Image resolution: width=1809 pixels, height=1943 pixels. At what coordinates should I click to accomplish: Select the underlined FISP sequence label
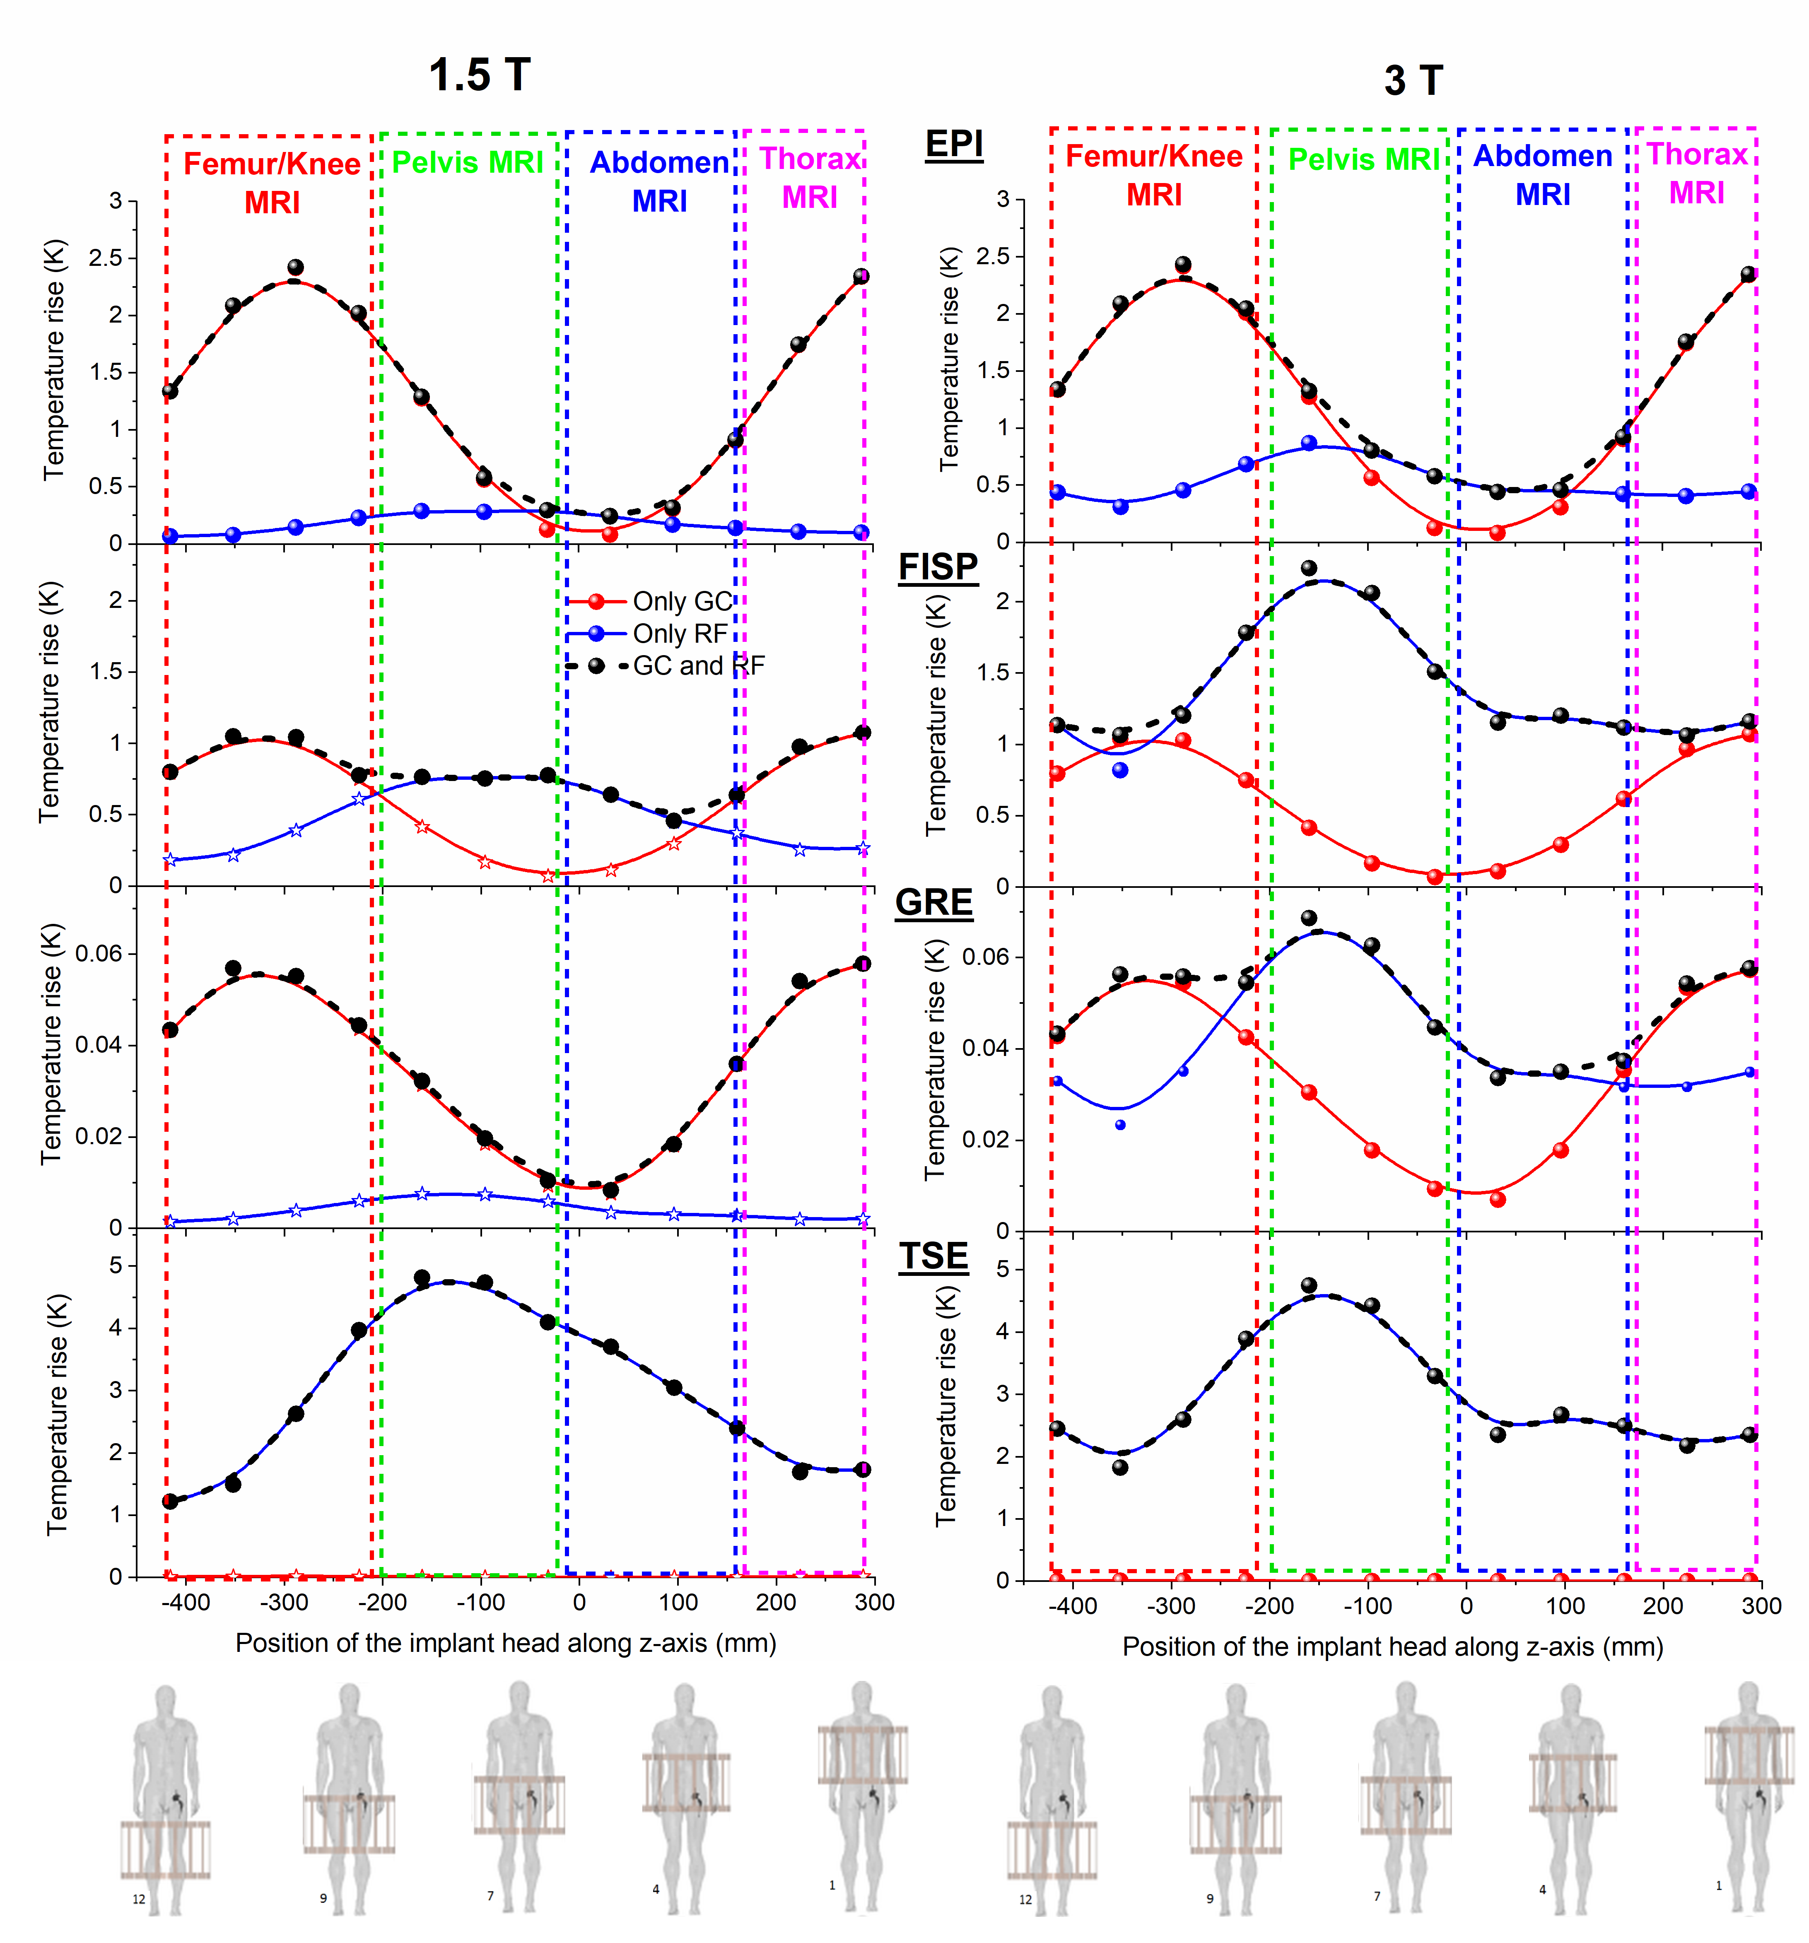pyautogui.click(x=937, y=567)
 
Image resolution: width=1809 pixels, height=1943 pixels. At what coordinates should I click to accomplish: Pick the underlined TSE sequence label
pyautogui.click(x=933, y=1256)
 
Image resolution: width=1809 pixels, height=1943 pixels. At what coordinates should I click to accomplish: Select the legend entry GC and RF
pyautogui.click(x=698, y=665)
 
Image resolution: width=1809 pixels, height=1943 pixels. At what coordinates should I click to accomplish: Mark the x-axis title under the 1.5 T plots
pyautogui.click(x=505, y=1643)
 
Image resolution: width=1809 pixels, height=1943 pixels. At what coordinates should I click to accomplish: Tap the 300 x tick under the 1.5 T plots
pyautogui.click(x=874, y=1602)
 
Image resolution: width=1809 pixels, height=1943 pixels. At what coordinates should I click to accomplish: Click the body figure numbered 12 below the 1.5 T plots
pyautogui.click(x=165, y=1798)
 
